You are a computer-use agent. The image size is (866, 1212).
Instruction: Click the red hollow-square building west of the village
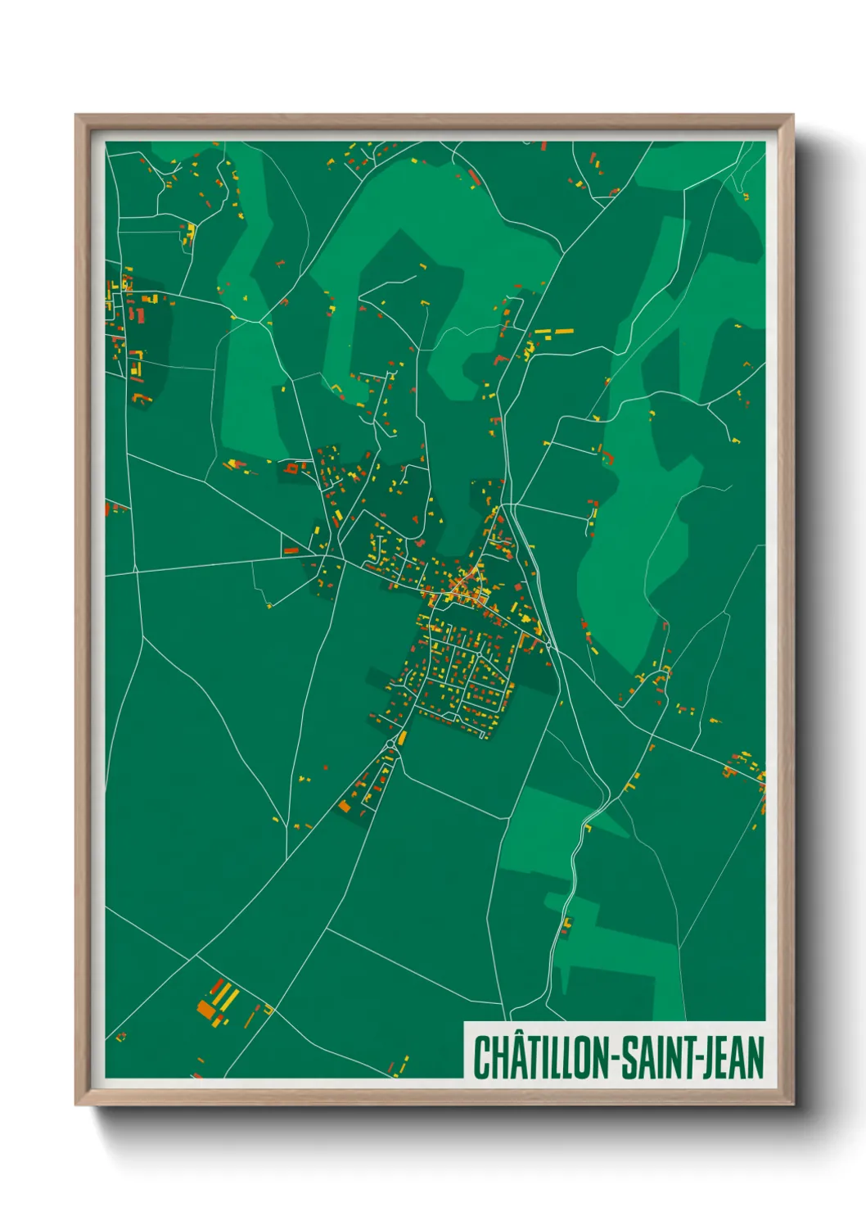coord(291,469)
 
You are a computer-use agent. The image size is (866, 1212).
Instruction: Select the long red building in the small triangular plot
coord(291,550)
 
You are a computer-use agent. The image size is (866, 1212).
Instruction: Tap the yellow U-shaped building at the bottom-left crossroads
coord(268,1011)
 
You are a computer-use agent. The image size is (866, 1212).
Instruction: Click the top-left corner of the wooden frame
coord(76,115)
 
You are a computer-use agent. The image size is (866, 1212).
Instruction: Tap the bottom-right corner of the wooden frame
coord(792,1104)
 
